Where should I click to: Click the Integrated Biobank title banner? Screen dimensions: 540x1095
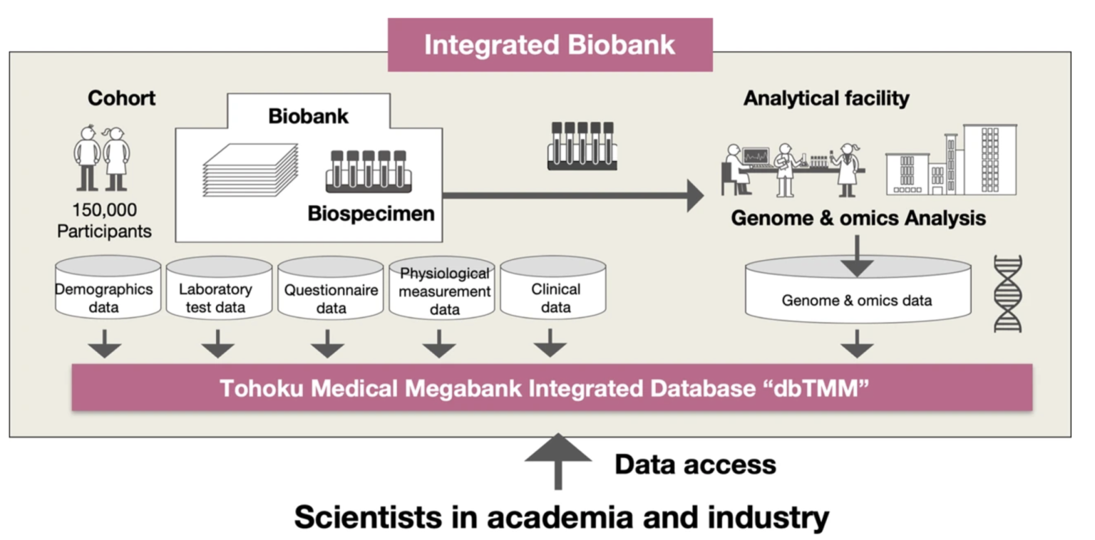click(550, 45)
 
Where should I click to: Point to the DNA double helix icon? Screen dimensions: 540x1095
click(1007, 293)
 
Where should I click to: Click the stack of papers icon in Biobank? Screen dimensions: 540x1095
click(250, 171)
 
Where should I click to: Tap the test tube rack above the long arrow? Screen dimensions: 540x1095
click(581, 145)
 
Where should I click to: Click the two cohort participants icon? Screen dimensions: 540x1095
click(101, 159)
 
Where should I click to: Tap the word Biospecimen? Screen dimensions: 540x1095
click(371, 213)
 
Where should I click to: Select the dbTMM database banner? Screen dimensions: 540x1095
click(552, 388)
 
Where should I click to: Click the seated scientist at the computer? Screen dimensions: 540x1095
click(739, 170)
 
